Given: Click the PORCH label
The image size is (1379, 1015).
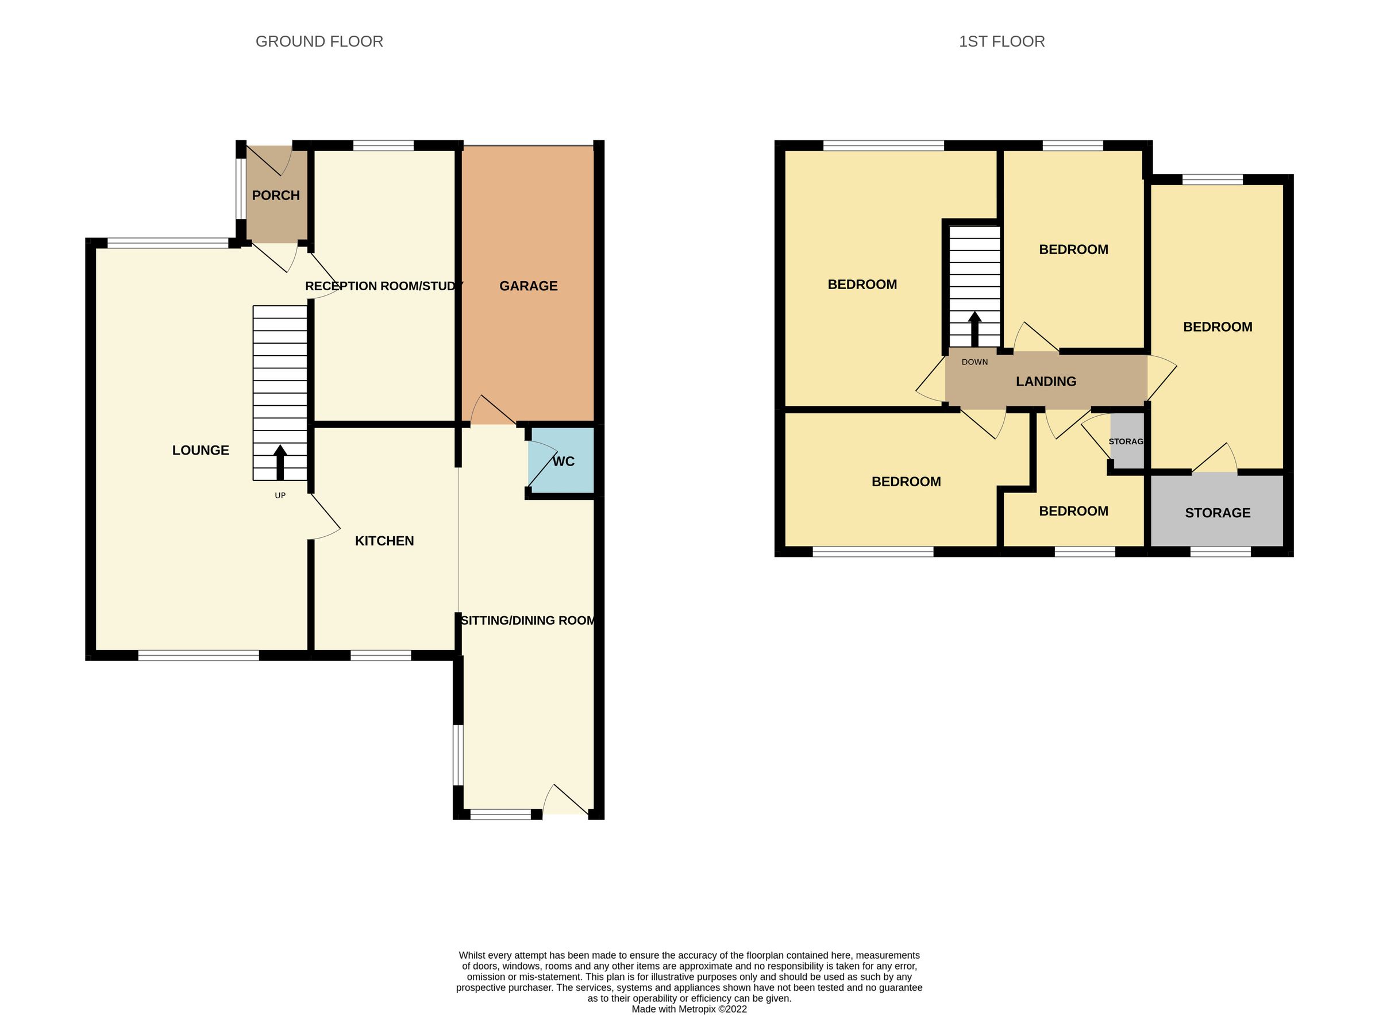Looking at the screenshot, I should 276,195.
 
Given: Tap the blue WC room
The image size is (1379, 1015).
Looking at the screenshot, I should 561,461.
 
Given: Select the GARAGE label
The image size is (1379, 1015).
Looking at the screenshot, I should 528,286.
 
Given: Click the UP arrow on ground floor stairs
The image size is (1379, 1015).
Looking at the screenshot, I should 280,462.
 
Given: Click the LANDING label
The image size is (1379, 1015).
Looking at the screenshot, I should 1046,382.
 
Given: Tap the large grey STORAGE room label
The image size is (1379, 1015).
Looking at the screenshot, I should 1217,513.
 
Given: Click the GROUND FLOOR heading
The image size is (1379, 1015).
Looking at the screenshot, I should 319,42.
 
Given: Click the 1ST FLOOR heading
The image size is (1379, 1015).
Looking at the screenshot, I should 1001,42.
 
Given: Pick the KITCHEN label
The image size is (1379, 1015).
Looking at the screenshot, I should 384,541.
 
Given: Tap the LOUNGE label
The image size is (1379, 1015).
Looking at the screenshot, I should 201,451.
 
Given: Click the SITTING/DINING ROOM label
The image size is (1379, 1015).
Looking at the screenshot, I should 527,621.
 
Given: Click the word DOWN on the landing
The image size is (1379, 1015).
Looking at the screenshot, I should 974,362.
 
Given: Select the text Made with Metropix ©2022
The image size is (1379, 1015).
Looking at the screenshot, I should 689,1009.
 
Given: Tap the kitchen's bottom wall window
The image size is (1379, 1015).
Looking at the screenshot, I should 381,656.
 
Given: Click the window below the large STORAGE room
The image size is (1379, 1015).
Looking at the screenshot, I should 1220,552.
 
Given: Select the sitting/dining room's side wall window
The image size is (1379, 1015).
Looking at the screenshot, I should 457,755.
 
